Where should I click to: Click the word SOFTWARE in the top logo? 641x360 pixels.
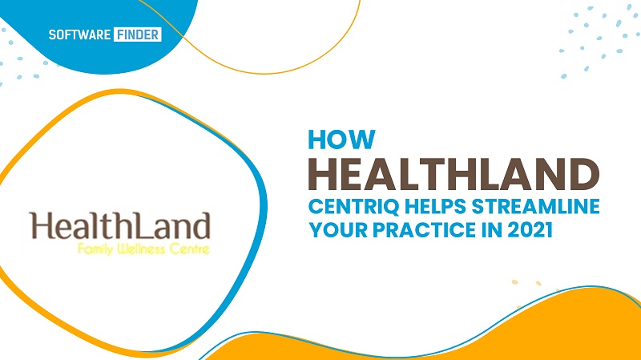click(x=79, y=34)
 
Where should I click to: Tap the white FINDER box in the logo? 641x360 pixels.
click(x=138, y=34)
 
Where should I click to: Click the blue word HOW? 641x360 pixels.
click(x=341, y=140)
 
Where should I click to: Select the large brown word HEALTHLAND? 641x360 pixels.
click(x=454, y=174)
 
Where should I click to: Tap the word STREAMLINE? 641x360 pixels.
click(x=535, y=206)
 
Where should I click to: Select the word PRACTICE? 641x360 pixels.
click(x=424, y=230)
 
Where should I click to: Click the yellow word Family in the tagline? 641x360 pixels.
click(x=95, y=249)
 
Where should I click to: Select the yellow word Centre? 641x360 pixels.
click(x=189, y=249)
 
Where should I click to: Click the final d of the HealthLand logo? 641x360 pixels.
click(x=202, y=225)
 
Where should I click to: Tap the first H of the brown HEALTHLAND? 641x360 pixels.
click(x=324, y=174)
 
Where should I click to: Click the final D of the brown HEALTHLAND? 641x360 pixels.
click(x=585, y=174)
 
